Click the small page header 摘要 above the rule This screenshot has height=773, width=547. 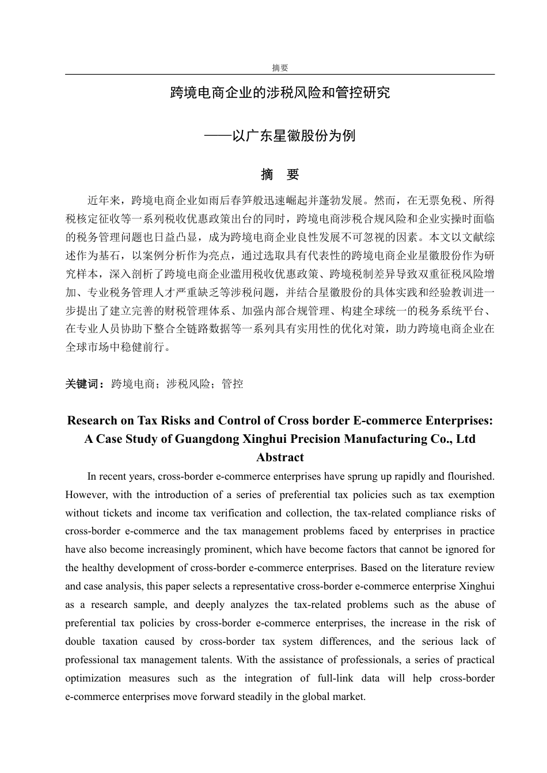pos(280,68)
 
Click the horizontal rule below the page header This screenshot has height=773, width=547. pos(280,74)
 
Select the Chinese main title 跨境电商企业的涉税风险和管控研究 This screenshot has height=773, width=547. pos(280,93)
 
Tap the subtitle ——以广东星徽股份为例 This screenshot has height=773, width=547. pos(280,136)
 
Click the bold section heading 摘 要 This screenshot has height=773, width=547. pos(280,174)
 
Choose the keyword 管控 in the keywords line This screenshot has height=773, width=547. pos(232,384)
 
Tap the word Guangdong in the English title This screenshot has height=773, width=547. pos(207,439)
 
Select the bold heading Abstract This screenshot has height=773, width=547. pos(280,457)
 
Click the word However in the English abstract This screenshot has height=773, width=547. pos(84,495)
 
